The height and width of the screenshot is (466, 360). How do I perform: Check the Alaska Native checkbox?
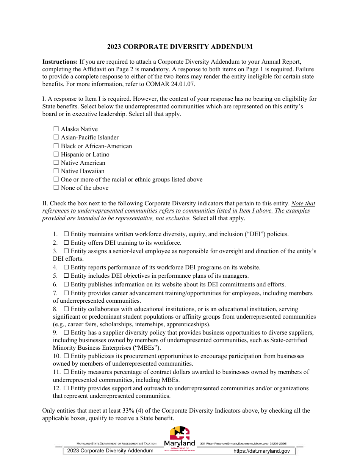[56, 129]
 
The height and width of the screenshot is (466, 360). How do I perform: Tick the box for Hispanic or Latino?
[56, 155]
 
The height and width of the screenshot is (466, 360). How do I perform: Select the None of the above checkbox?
[56, 188]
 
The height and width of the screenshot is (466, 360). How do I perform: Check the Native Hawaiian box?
[56, 171]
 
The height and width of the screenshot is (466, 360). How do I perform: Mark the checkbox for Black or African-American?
[56, 146]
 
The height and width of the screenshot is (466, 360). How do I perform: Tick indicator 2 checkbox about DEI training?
[66, 243]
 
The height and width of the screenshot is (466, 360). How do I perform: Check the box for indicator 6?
[66, 285]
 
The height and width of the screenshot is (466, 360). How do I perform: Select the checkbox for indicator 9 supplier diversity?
[66, 333]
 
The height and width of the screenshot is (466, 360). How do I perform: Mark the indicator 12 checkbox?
[66, 388]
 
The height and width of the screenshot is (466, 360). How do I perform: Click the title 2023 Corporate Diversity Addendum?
[180, 47]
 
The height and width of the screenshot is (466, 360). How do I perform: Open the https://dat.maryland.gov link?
[261, 451]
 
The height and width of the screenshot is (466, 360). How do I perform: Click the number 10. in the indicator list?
[56, 356]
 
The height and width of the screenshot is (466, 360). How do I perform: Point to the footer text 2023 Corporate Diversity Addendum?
[110, 451]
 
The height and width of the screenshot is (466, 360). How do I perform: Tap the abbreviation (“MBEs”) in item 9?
[147, 348]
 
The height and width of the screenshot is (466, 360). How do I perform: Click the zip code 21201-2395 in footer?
[278, 444]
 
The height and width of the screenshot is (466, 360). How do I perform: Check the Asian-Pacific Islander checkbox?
[56, 138]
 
